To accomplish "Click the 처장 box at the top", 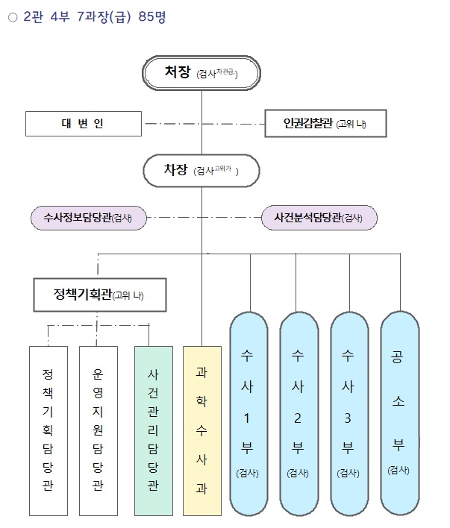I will pyautogui.click(x=201, y=72).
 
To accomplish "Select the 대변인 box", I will pyautogui.click(x=83, y=123).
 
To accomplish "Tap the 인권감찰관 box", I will pyautogui.click(x=326, y=124).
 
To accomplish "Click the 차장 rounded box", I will pyautogui.click(x=201, y=171).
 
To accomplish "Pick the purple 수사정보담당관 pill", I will pyautogui.click(x=88, y=218).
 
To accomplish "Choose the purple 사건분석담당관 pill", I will pyautogui.click(x=319, y=218).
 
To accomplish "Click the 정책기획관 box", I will pyautogui.click(x=99, y=295).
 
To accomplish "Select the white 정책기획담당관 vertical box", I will pyautogui.click(x=49, y=430).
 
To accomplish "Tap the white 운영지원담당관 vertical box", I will pyautogui.click(x=98, y=430).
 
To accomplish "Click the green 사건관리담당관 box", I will pyautogui.click(x=152, y=430).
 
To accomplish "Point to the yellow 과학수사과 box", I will pyautogui.click(x=201, y=430).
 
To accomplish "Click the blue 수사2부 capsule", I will pyautogui.click(x=298, y=414).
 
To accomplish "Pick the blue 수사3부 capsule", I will pyautogui.click(x=347, y=414).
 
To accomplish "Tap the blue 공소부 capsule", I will pyautogui.click(x=398, y=414).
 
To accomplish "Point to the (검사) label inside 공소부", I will pyautogui.click(x=398, y=470).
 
